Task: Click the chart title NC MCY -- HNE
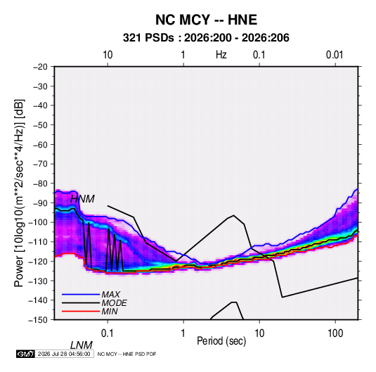click(206, 20)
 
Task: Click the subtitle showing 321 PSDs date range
click(206, 38)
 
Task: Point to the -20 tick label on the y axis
click(40, 67)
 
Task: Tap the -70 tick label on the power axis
click(40, 164)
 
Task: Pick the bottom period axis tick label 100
click(335, 333)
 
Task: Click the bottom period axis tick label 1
click(183, 333)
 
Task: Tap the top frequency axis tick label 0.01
click(335, 55)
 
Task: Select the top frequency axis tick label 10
click(108, 55)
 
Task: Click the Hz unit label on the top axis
click(221, 55)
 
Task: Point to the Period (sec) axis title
click(221, 341)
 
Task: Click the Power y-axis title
click(19, 193)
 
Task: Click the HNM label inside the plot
click(82, 199)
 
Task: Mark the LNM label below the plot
click(81, 345)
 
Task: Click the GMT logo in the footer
click(26, 354)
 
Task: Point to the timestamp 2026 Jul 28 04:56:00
click(64, 354)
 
